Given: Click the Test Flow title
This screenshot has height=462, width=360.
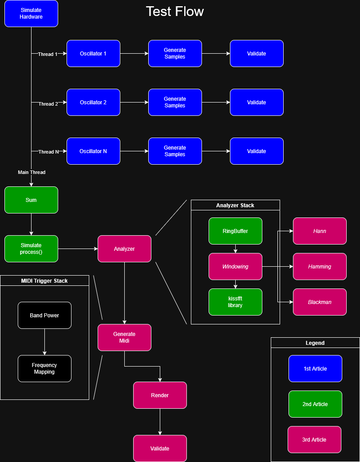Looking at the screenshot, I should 174,12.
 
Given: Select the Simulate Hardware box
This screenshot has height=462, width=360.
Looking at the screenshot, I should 31,14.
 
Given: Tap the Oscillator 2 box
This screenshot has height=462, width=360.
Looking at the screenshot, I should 93,103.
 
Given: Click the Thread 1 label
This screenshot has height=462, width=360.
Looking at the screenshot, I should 48,54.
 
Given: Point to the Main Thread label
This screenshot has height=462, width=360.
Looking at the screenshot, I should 32,172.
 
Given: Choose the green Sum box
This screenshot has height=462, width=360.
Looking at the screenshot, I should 31,200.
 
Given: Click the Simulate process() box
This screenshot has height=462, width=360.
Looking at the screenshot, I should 31,249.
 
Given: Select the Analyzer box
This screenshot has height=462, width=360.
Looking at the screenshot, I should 124,249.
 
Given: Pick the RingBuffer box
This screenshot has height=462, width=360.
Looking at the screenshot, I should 235,231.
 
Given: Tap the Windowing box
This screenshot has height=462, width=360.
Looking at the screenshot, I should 235,267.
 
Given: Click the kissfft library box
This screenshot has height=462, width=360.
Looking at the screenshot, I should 235,302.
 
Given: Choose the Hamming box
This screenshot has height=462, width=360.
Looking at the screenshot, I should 320,267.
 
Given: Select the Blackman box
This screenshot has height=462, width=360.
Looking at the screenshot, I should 320,302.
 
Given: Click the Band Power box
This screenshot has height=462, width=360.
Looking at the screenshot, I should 44,316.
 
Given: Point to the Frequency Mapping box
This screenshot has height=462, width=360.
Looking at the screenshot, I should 44,369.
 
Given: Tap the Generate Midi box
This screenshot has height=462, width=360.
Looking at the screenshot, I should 124,338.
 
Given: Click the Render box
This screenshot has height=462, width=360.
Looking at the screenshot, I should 160,395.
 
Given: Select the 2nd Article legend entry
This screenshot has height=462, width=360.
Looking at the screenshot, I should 315,404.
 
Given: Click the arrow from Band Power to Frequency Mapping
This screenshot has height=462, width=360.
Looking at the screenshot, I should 44,342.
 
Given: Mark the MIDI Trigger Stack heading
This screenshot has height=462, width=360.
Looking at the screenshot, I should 44,280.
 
